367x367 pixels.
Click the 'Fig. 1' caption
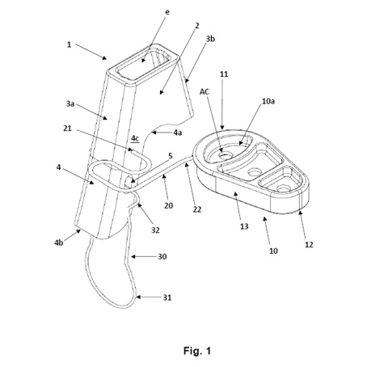tap(197, 351)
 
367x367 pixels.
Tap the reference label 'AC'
tap(205, 92)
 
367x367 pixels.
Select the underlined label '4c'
tap(135, 138)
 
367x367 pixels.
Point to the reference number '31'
tap(167, 297)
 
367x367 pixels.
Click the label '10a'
tap(268, 101)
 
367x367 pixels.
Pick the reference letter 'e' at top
tap(167, 12)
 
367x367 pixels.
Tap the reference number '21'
tap(67, 129)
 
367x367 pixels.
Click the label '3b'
tap(210, 39)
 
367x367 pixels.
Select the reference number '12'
tap(309, 244)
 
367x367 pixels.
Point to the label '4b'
tap(59, 243)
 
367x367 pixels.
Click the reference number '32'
tap(155, 230)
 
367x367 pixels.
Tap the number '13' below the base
tap(244, 226)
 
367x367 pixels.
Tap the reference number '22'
tap(197, 209)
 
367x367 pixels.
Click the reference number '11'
tap(224, 74)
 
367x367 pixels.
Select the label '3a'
tap(70, 103)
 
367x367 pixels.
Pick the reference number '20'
tap(169, 205)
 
